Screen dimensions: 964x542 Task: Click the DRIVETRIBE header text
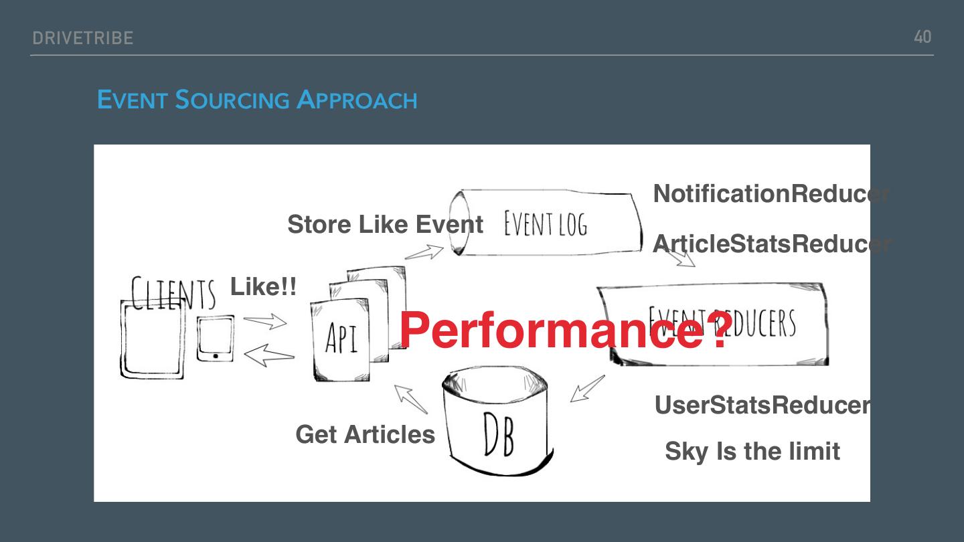pyautogui.click(x=83, y=38)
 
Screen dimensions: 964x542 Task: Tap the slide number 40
pyautogui.click(x=922, y=37)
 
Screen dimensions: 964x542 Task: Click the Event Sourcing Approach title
pyautogui.click(x=257, y=100)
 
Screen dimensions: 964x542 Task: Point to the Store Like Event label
pyautogui.click(x=385, y=225)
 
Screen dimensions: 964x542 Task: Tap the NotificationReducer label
pyautogui.click(x=770, y=194)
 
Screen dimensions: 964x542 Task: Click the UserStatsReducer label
pyautogui.click(x=762, y=405)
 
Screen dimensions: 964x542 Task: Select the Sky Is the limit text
pyautogui.click(x=752, y=452)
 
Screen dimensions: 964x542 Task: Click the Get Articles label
pyautogui.click(x=365, y=435)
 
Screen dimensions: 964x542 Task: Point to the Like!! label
pyautogui.click(x=263, y=287)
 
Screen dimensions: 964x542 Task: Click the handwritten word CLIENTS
pyautogui.click(x=173, y=294)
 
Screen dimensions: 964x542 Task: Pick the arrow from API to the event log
pyautogui.click(x=424, y=252)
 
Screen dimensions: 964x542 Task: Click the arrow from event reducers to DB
pyautogui.click(x=587, y=389)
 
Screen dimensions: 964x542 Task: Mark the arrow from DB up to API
pyautogui.click(x=410, y=399)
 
